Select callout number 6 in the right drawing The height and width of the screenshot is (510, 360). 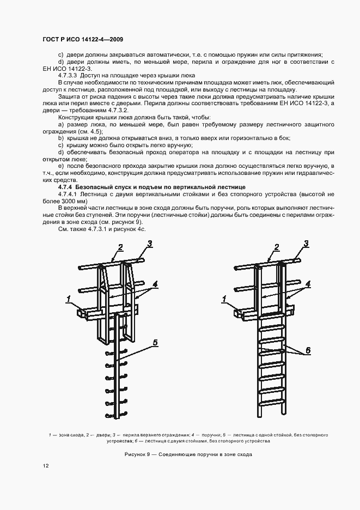point(308,350)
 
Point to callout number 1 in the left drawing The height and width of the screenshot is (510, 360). point(69,298)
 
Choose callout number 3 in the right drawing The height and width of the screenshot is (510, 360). point(306,243)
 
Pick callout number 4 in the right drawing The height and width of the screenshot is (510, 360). point(308,284)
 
